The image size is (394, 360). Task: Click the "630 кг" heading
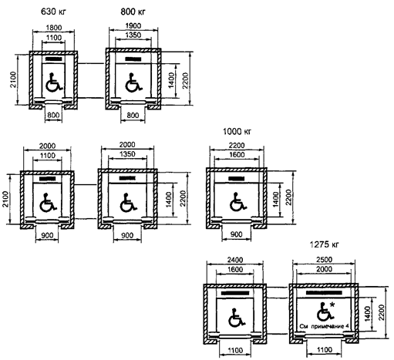coord(53,12)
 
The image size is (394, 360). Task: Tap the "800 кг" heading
coord(133,12)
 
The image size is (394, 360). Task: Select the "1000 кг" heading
coord(237,132)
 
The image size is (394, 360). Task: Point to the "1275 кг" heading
coord(324,244)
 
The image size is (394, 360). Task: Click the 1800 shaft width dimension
coord(54,27)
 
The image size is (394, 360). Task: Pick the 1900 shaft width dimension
coord(133,25)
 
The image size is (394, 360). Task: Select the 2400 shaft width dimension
coord(235,260)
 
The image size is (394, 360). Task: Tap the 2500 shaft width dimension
coord(324,260)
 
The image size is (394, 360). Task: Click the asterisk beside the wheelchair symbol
coord(332,305)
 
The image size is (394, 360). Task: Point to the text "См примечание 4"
coord(324,326)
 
